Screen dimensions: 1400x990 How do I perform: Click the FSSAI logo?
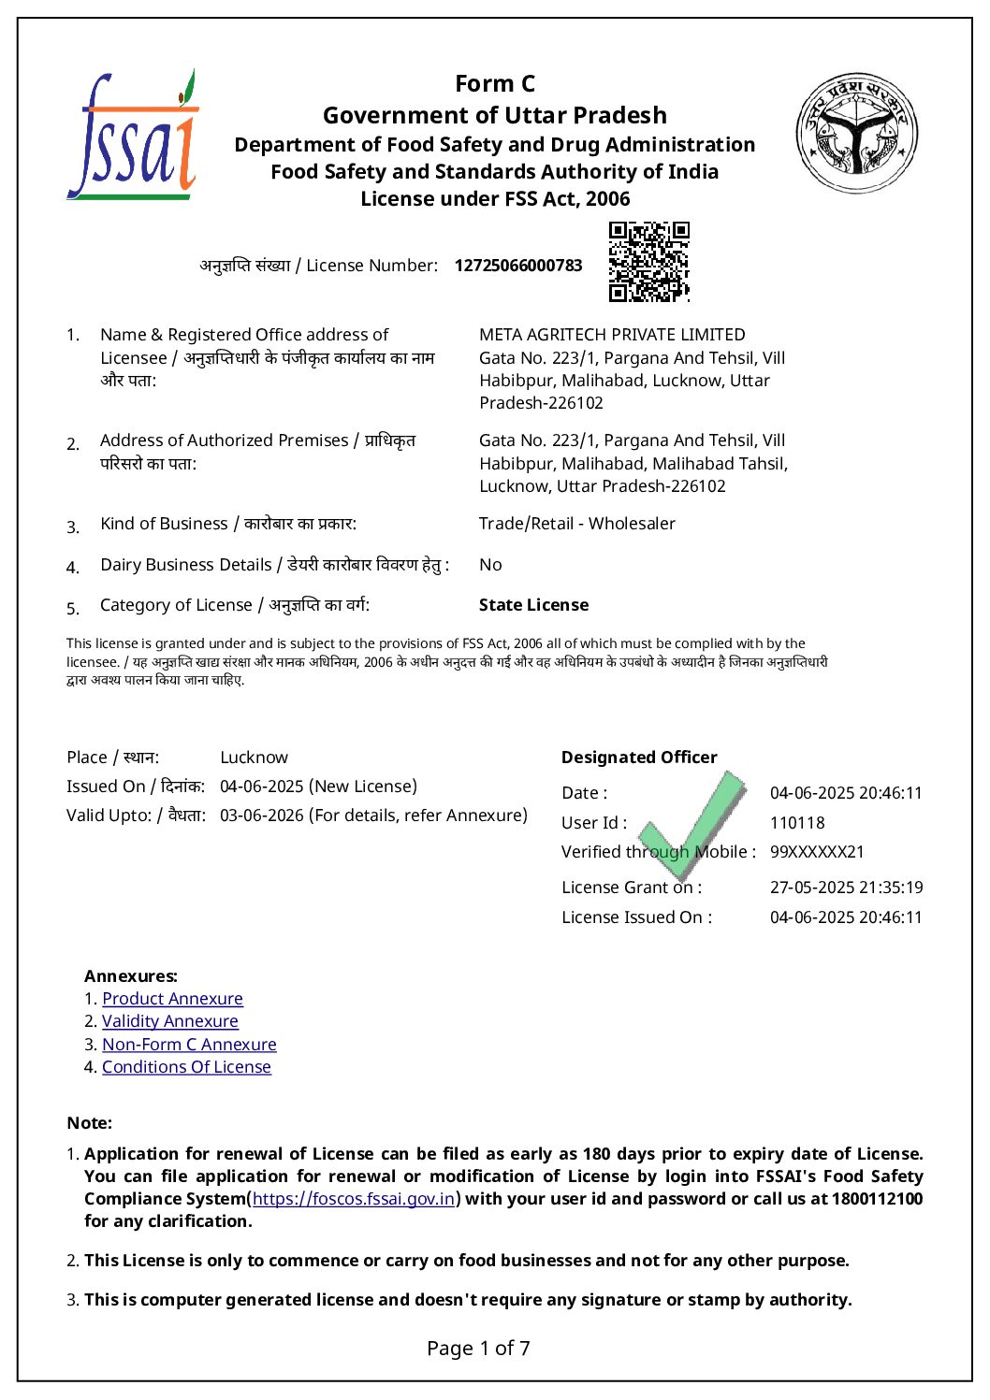pos(132,136)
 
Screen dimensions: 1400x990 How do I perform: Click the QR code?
pos(648,262)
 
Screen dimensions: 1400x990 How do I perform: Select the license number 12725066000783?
pos(517,266)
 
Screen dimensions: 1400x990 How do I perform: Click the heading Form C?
pos(494,84)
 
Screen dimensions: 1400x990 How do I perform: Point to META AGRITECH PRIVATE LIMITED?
pos(612,335)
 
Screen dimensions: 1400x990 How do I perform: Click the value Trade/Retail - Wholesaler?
pos(576,524)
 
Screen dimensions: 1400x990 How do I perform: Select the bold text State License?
pos(533,605)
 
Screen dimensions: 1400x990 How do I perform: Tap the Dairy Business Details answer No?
pos(490,565)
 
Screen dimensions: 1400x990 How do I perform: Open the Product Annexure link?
pos(172,999)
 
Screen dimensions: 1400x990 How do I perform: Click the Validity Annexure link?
pos(169,1021)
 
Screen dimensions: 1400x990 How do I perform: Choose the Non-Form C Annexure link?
pos(189,1045)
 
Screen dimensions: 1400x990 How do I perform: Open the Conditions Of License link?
pos(186,1067)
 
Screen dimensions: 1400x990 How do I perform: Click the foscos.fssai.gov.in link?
pos(354,1199)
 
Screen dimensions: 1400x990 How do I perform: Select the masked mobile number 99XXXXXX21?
pos(817,852)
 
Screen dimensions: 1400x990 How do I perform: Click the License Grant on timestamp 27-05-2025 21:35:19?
pos(846,888)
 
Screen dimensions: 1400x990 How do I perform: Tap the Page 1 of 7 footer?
pos(478,1348)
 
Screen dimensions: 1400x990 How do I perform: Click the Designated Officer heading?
pos(639,758)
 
